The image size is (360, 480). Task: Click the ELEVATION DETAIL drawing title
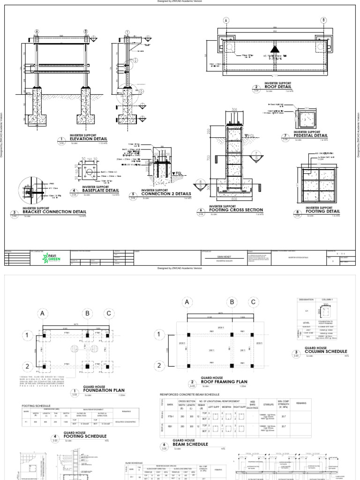(x=88, y=139)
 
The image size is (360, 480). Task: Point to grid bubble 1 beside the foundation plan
(x=27, y=336)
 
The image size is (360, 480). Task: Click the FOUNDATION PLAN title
(x=104, y=390)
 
